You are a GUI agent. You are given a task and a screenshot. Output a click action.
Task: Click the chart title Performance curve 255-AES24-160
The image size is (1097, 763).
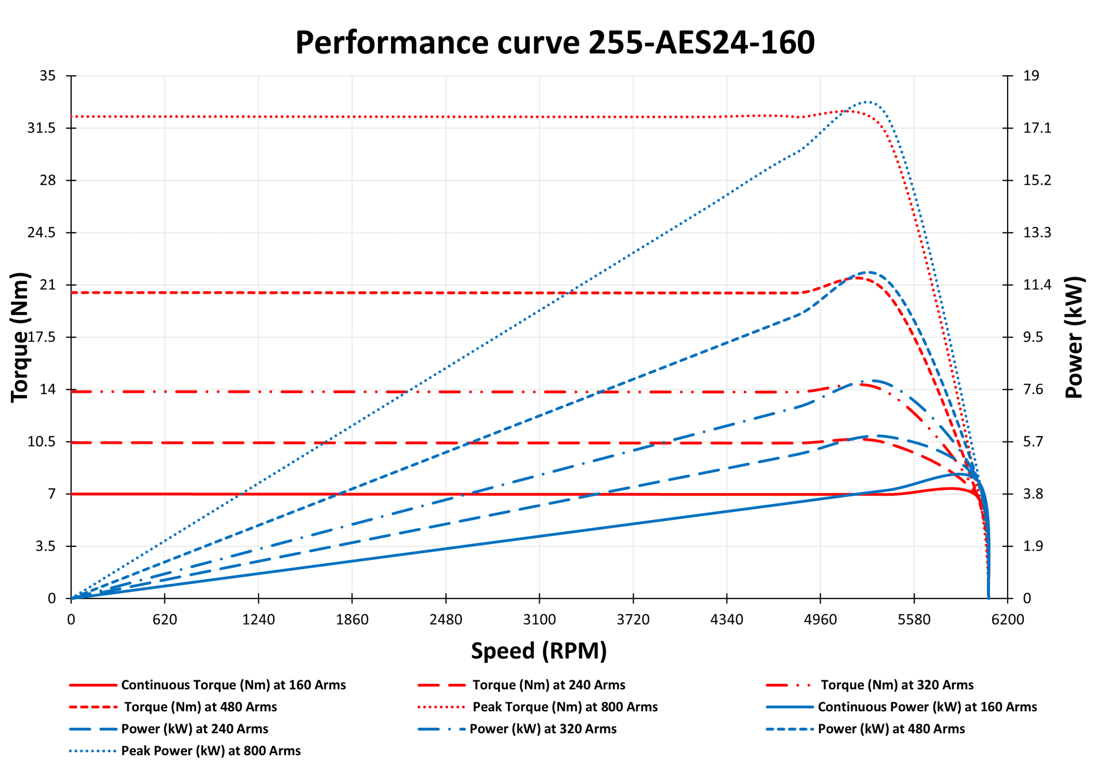pos(554,42)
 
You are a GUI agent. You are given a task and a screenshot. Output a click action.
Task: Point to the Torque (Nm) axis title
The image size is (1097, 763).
pos(20,337)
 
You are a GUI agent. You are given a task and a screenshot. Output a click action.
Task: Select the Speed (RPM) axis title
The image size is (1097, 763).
pos(539,651)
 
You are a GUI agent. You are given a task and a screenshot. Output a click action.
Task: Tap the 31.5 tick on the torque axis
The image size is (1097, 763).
pos(42,128)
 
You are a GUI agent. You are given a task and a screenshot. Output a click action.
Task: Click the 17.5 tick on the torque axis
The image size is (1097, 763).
pos(42,337)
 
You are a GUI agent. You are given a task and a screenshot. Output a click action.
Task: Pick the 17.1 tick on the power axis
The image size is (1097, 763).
pos(1037,128)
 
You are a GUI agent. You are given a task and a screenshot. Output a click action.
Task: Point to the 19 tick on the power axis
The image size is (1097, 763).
pos(1031,75)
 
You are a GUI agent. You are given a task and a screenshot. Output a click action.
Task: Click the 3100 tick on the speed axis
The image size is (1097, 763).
pos(540,620)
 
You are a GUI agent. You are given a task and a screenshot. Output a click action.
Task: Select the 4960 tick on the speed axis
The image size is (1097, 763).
pos(820,620)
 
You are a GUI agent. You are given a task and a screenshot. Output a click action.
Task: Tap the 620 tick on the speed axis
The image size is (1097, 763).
pos(165,620)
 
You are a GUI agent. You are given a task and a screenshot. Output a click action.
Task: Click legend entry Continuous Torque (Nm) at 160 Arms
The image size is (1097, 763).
pos(233,685)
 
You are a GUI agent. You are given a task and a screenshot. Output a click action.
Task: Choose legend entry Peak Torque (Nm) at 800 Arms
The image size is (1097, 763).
pos(565,706)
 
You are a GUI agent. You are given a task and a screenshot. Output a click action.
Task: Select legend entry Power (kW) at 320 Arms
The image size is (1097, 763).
pos(543,729)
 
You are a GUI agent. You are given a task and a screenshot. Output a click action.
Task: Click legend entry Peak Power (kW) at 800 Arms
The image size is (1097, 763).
pos(211,751)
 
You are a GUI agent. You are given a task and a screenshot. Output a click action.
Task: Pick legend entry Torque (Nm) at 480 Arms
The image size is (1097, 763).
pos(201,706)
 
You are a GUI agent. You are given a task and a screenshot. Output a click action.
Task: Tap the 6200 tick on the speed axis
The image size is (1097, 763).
pos(1007,620)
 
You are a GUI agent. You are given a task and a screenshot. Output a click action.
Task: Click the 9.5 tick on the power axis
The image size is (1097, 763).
pos(1033,337)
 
